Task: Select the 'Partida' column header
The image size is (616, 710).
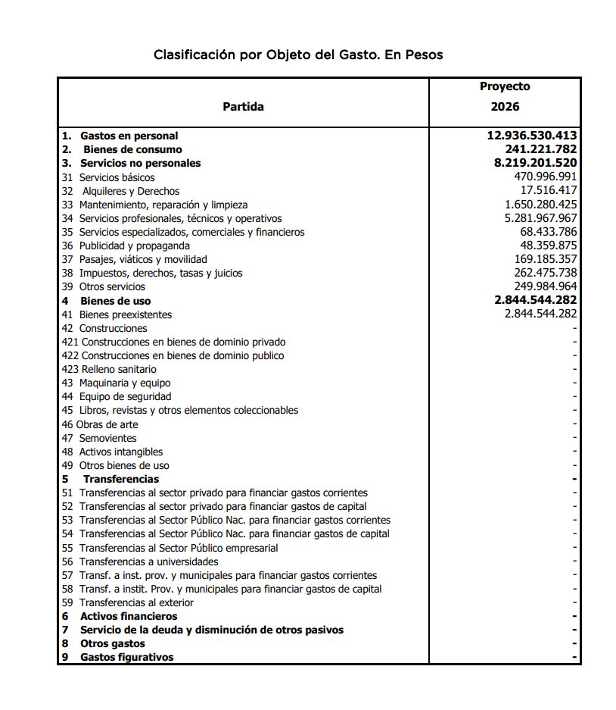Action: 243,107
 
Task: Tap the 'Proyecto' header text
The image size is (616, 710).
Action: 505,86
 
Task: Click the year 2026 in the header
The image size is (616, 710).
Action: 505,107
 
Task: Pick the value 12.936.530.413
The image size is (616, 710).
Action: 531,136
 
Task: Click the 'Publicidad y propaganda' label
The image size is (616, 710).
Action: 134,246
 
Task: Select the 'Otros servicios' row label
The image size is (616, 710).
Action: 112,286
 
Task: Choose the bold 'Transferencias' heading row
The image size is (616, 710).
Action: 120,479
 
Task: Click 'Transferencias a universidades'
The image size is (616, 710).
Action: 148,561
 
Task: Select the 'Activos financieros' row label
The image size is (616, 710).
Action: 129,616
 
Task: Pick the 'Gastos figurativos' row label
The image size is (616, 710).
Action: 126,657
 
